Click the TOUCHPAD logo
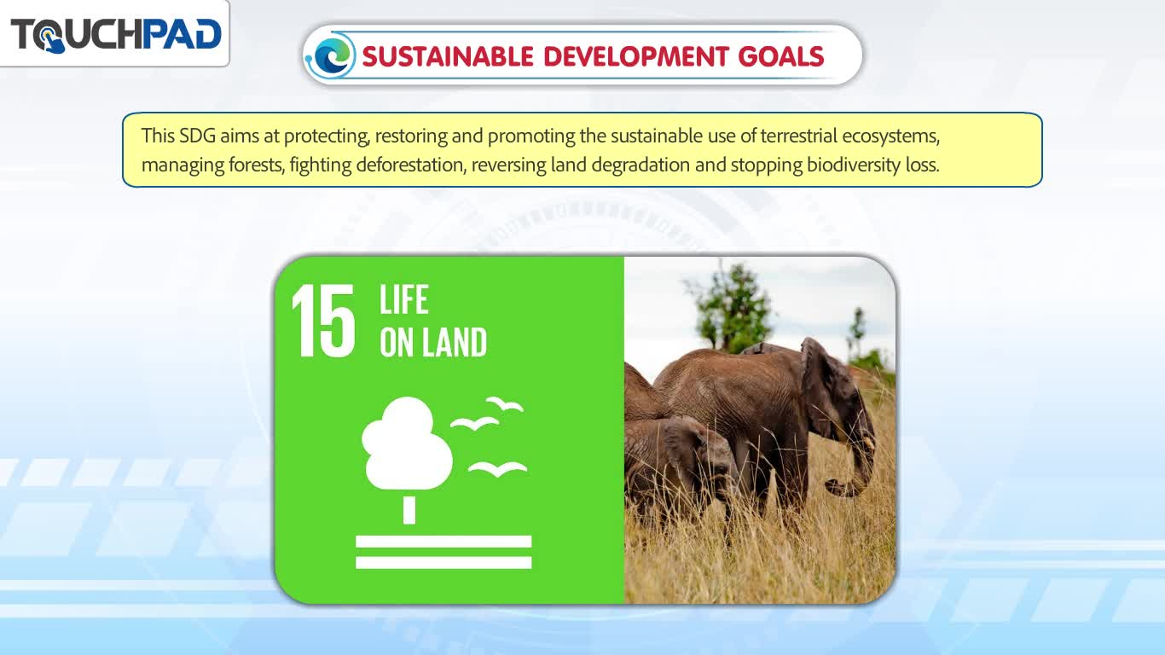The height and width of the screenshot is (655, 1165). click(116, 35)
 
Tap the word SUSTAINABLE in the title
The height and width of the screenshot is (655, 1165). click(448, 56)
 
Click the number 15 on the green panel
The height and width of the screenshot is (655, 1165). click(323, 321)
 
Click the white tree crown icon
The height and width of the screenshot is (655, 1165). click(407, 443)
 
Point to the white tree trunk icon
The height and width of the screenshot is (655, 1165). click(409, 510)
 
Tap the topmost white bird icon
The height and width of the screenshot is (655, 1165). click(505, 403)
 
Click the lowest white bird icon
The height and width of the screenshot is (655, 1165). click(498, 469)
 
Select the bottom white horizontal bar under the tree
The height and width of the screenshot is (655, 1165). click(443, 562)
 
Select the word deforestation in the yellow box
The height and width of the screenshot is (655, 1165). click(410, 165)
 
